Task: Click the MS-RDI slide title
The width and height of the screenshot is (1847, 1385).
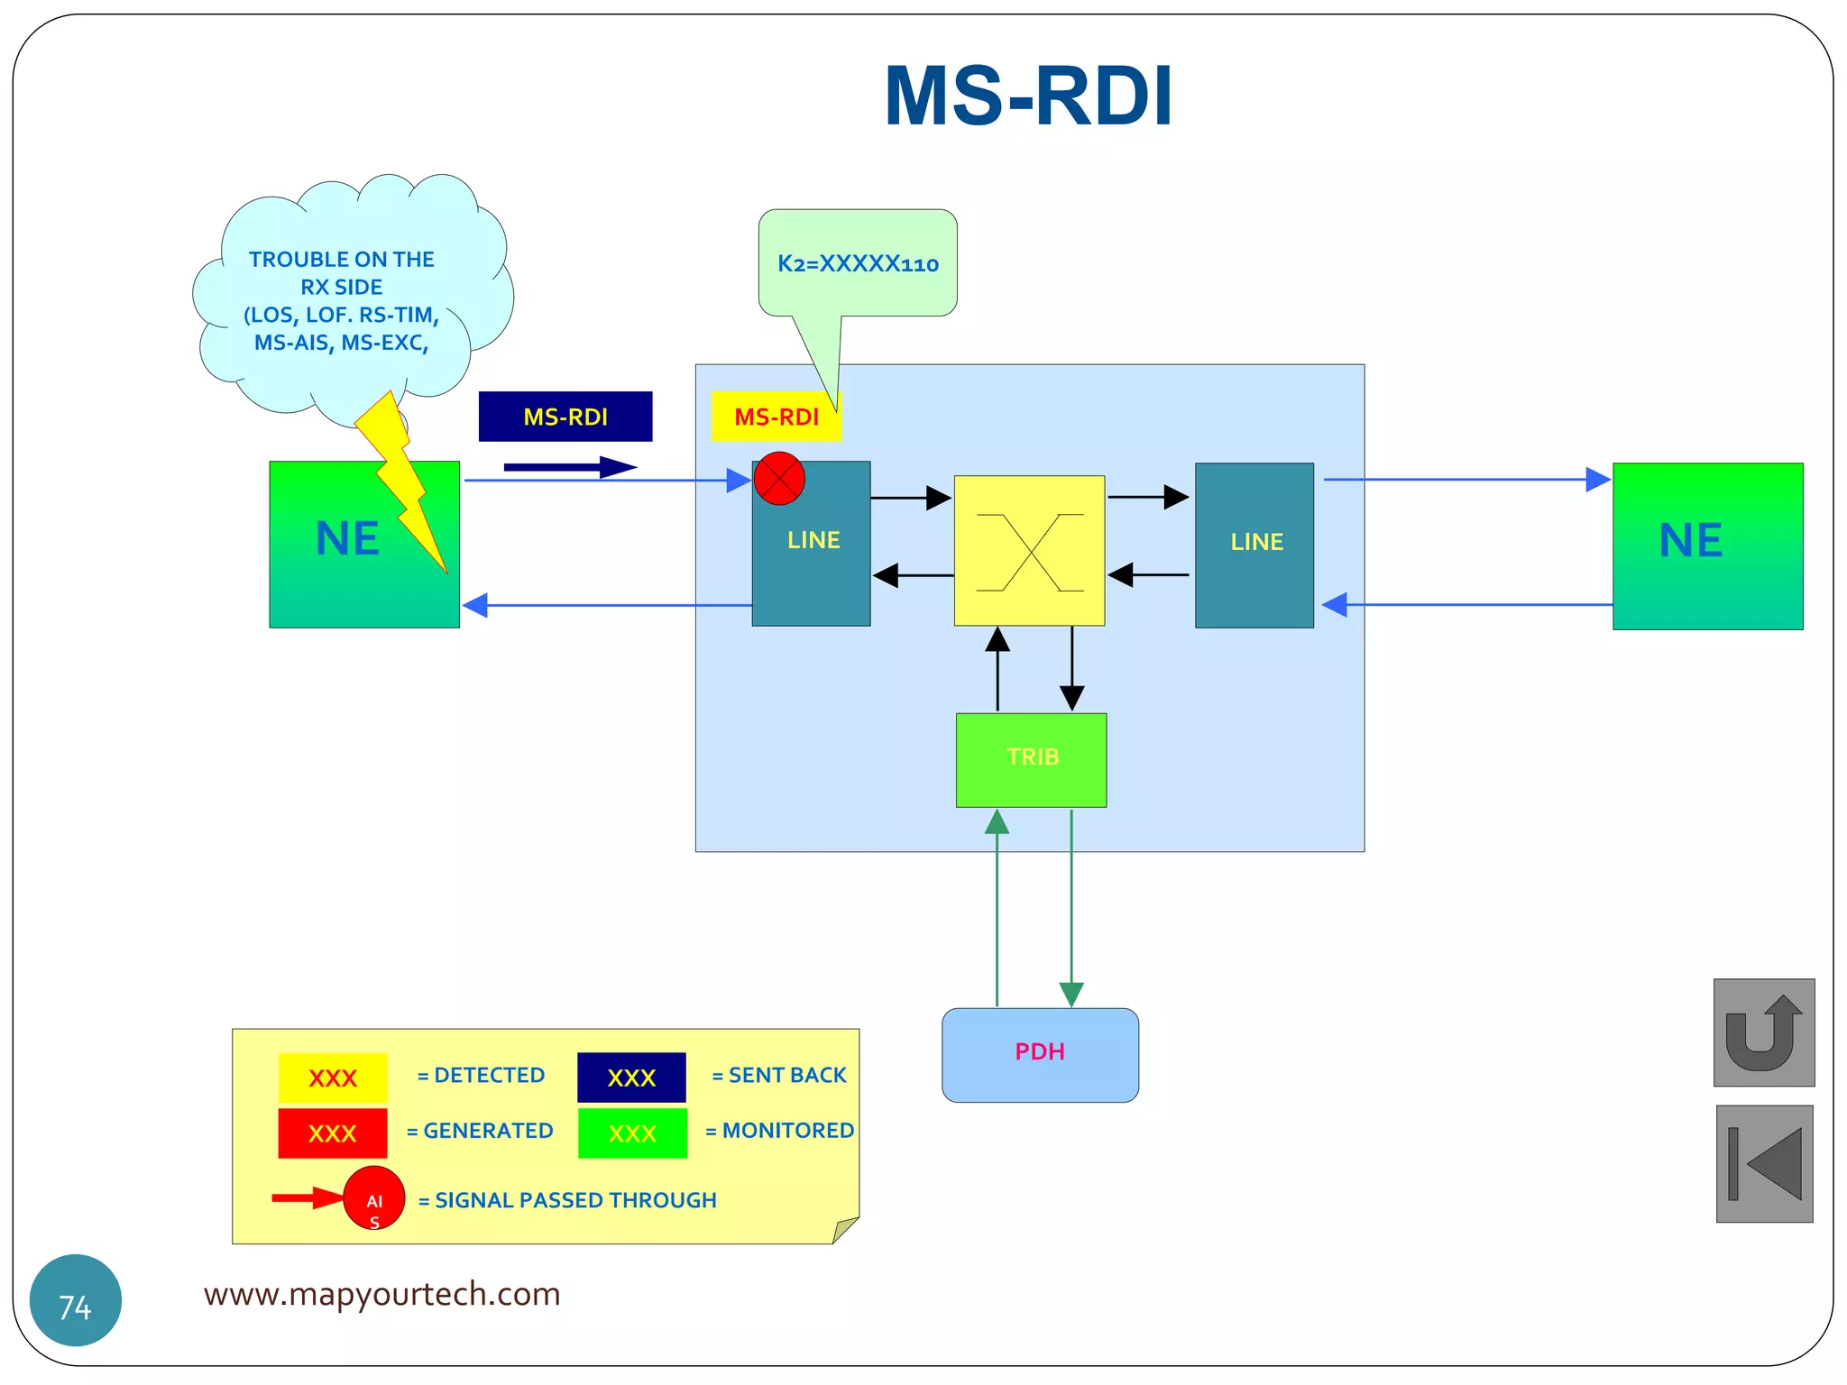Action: [1028, 96]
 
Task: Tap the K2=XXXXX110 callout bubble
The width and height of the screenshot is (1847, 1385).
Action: [858, 263]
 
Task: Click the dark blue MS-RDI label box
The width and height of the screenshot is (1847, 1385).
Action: [565, 417]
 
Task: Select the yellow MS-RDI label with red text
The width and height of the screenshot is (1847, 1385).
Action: [776, 417]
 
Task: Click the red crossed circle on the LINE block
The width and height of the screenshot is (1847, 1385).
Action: [779, 479]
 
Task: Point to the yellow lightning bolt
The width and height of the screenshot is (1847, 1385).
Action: [401, 478]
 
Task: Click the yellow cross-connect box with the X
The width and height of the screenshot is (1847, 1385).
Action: [1029, 551]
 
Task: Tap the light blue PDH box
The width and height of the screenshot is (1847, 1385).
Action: [1040, 1054]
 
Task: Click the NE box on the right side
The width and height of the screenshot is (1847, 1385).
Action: [1707, 546]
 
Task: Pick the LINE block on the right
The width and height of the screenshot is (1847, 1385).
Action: [1254, 546]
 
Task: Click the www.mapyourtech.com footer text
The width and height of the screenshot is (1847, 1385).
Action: [381, 1294]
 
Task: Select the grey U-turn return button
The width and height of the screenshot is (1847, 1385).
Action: [1763, 1032]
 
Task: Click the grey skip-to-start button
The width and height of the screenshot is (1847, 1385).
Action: [1763, 1163]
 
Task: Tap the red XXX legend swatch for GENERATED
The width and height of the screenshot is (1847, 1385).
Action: [333, 1133]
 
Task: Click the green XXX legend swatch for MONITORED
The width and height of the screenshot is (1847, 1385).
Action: [632, 1133]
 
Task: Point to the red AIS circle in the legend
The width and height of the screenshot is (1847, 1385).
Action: [374, 1197]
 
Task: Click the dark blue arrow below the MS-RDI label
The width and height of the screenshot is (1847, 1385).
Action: [570, 467]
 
